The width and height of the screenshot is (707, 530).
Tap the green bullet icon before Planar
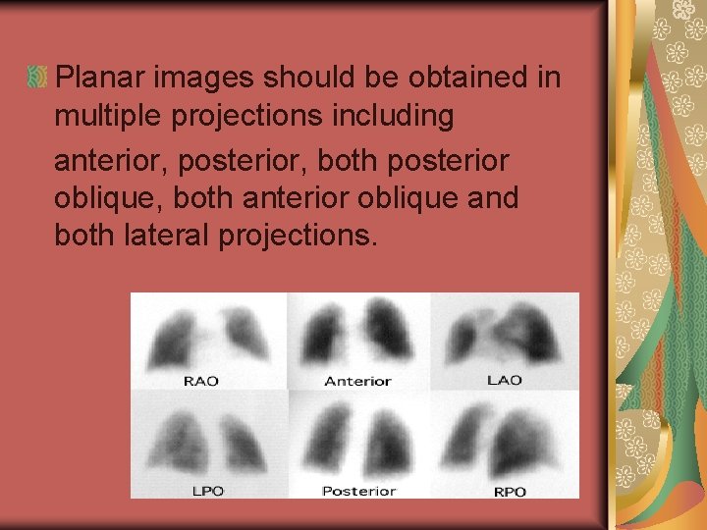tap(38, 76)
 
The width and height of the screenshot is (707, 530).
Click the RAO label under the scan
tap(201, 381)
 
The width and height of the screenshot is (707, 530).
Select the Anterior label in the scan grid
tap(357, 381)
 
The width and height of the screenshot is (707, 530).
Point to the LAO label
tap(505, 380)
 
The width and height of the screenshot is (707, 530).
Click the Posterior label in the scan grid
tap(358, 490)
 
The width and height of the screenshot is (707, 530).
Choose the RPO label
tap(509, 490)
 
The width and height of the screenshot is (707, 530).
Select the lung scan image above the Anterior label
tap(358, 334)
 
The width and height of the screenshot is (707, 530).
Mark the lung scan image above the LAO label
tap(505, 334)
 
